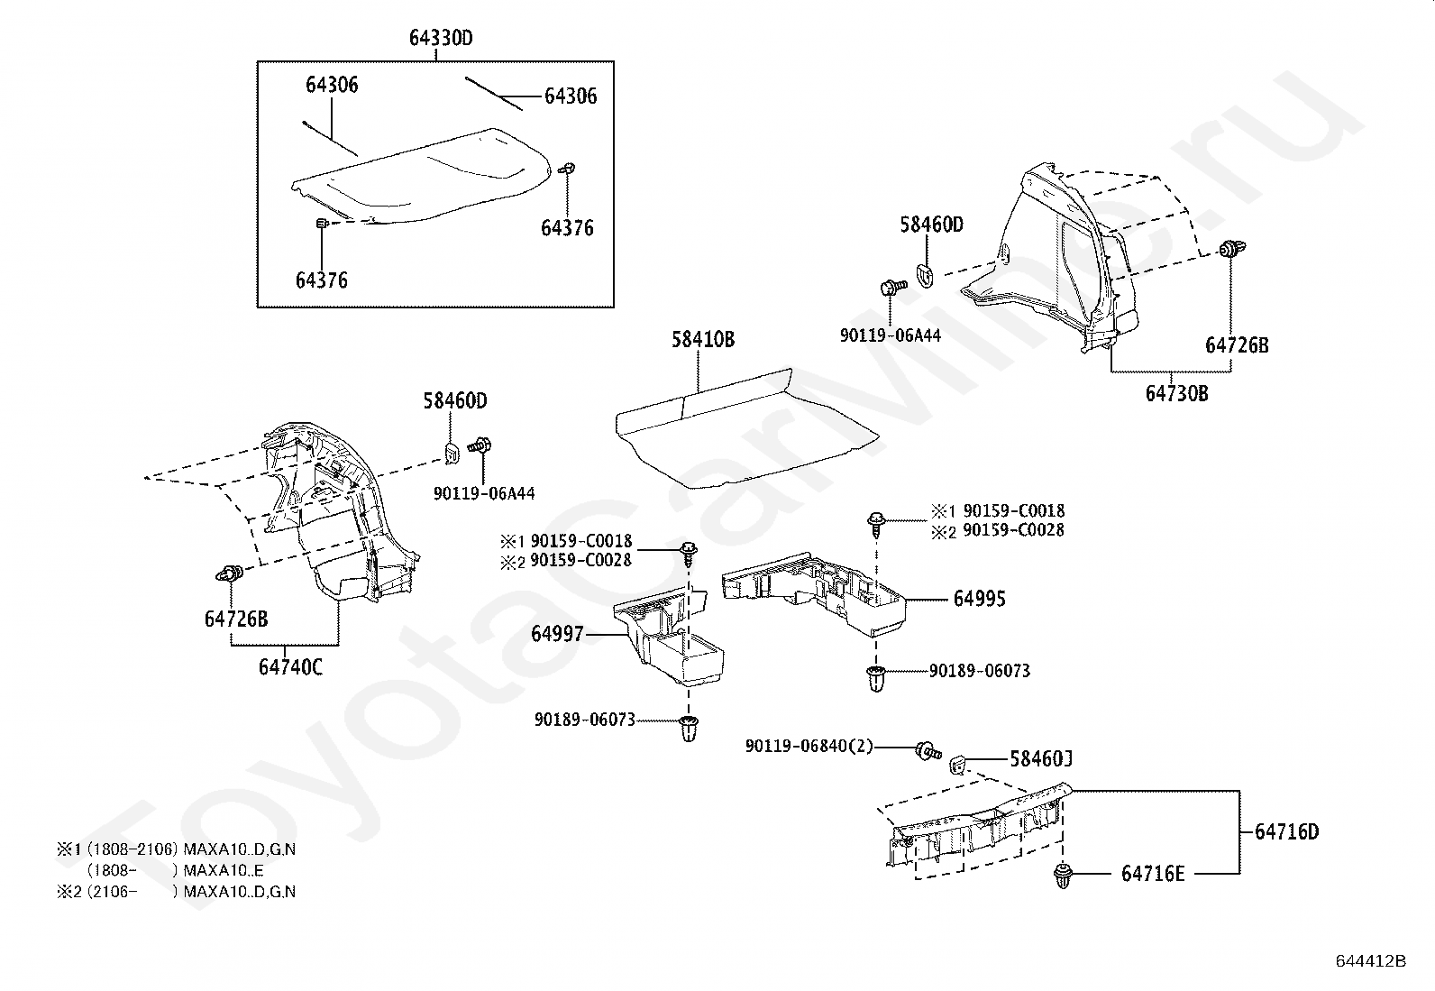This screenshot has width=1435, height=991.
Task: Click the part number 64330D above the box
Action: coord(441,38)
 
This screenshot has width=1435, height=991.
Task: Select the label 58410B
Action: coord(702,340)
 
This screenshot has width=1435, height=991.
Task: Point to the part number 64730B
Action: coord(1177,394)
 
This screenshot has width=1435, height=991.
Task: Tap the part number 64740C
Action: coord(290,667)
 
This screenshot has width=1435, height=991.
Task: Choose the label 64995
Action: coord(980,599)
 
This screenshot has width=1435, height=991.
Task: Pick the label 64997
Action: coord(557,635)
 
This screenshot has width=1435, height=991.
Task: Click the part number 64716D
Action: coord(1286,831)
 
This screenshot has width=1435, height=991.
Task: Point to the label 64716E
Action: coord(1153,874)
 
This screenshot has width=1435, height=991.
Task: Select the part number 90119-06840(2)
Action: coord(809,747)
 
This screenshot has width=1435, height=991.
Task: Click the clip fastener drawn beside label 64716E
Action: coord(1063,876)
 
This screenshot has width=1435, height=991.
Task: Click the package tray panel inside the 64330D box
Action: coord(424,180)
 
